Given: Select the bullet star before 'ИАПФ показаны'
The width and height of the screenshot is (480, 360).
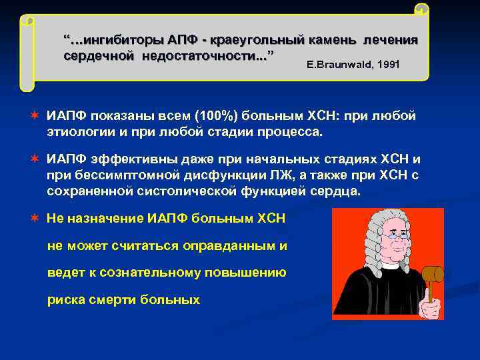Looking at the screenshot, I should pyautogui.click(x=33, y=117).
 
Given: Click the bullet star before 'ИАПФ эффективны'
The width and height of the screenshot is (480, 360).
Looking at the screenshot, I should pyautogui.click(x=33, y=159).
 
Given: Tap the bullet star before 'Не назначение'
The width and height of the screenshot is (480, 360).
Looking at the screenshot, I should pyautogui.click(x=33, y=219).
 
